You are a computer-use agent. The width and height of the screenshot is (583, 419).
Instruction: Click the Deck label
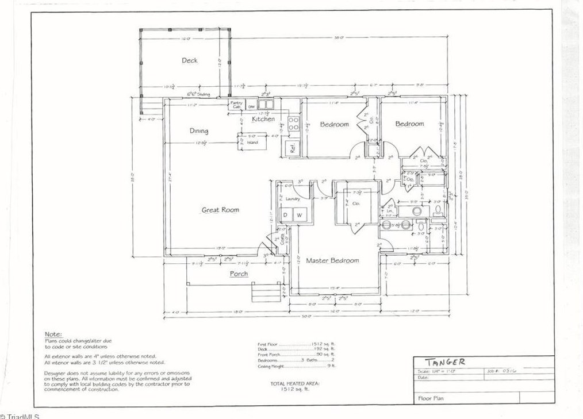coord(190,60)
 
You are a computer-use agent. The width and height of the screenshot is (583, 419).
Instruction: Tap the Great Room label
coord(220,210)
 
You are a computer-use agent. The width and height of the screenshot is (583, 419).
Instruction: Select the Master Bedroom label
coord(332,260)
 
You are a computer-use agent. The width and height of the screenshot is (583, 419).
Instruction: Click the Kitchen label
coord(263,119)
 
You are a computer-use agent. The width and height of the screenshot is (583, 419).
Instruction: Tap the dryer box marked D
coord(285,215)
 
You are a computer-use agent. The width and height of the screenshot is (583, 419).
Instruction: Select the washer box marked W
coord(300,215)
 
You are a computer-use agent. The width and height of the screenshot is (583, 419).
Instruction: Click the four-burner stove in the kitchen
coord(292,124)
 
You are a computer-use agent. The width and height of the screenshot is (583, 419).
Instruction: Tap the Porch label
coord(239,274)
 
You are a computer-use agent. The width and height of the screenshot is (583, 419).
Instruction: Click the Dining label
coord(199,131)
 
